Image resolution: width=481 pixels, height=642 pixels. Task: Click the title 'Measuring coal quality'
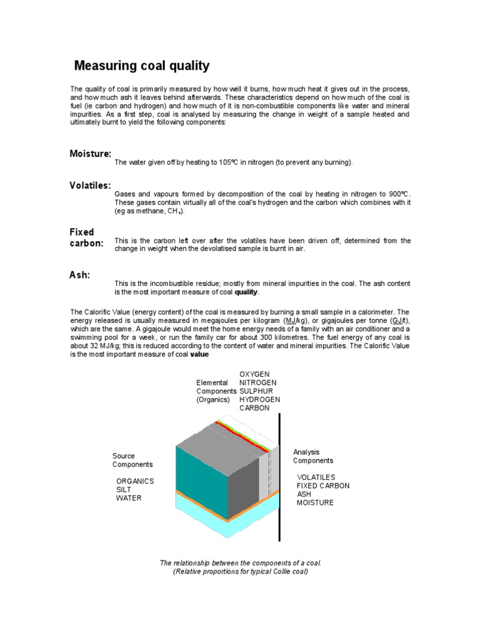[x=142, y=66]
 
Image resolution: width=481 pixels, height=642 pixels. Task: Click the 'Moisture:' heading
[x=91, y=154]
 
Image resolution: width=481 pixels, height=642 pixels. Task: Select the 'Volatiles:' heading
[x=90, y=185]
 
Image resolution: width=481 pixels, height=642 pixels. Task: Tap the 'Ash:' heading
[x=80, y=275]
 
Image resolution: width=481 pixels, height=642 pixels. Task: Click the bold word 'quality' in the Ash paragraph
[x=246, y=293]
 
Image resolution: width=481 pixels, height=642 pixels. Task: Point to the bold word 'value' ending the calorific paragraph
[x=199, y=354]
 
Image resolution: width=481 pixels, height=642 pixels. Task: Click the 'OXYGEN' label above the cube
[x=254, y=374]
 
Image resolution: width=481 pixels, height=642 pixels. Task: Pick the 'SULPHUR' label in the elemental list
[x=257, y=391]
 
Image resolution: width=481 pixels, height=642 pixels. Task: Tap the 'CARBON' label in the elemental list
[x=254, y=408]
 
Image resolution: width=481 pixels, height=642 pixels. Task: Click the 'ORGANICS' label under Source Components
[x=135, y=481]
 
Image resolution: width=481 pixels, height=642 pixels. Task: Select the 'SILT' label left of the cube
[x=125, y=490]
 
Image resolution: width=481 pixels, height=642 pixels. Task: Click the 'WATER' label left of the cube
[x=129, y=498]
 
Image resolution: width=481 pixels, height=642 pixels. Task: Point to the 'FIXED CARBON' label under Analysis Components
[x=323, y=486]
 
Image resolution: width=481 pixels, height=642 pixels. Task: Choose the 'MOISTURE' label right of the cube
[x=315, y=503]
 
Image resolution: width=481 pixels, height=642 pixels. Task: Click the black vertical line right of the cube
[x=279, y=476]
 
